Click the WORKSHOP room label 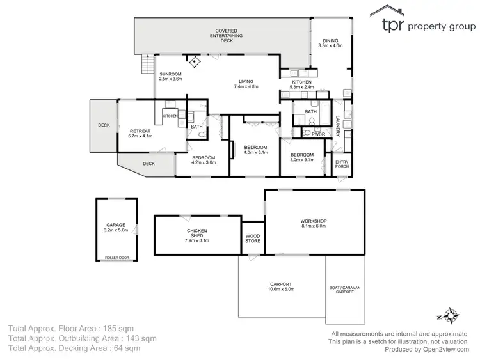[314, 223]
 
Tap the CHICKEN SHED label [196, 235]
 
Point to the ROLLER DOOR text [116, 258]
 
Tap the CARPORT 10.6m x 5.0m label [281, 287]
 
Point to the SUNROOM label [171, 76]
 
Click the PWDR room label [318, 134]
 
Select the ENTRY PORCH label [342, 164]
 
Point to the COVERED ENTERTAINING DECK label [227, 35]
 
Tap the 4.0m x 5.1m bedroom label [255, 149]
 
